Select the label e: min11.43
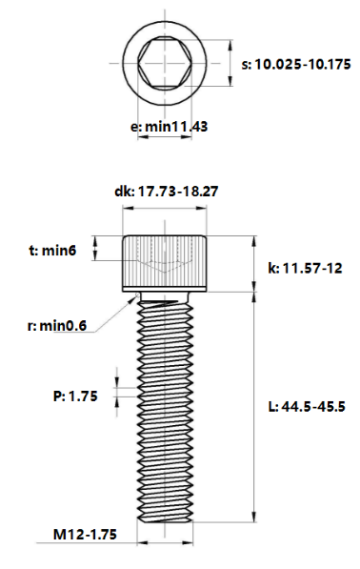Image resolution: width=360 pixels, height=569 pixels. coord(169,126)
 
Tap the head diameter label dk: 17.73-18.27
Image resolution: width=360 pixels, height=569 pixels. coord(167,191)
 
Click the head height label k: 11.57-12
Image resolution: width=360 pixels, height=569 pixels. coord(305,270)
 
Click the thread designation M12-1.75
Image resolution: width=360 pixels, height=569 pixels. coord(86,536)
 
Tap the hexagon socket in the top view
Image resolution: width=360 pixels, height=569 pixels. coord(167,65)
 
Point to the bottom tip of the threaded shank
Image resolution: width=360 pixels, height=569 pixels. coord(167,520)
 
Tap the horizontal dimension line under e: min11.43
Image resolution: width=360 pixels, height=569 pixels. coord(167,138)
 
